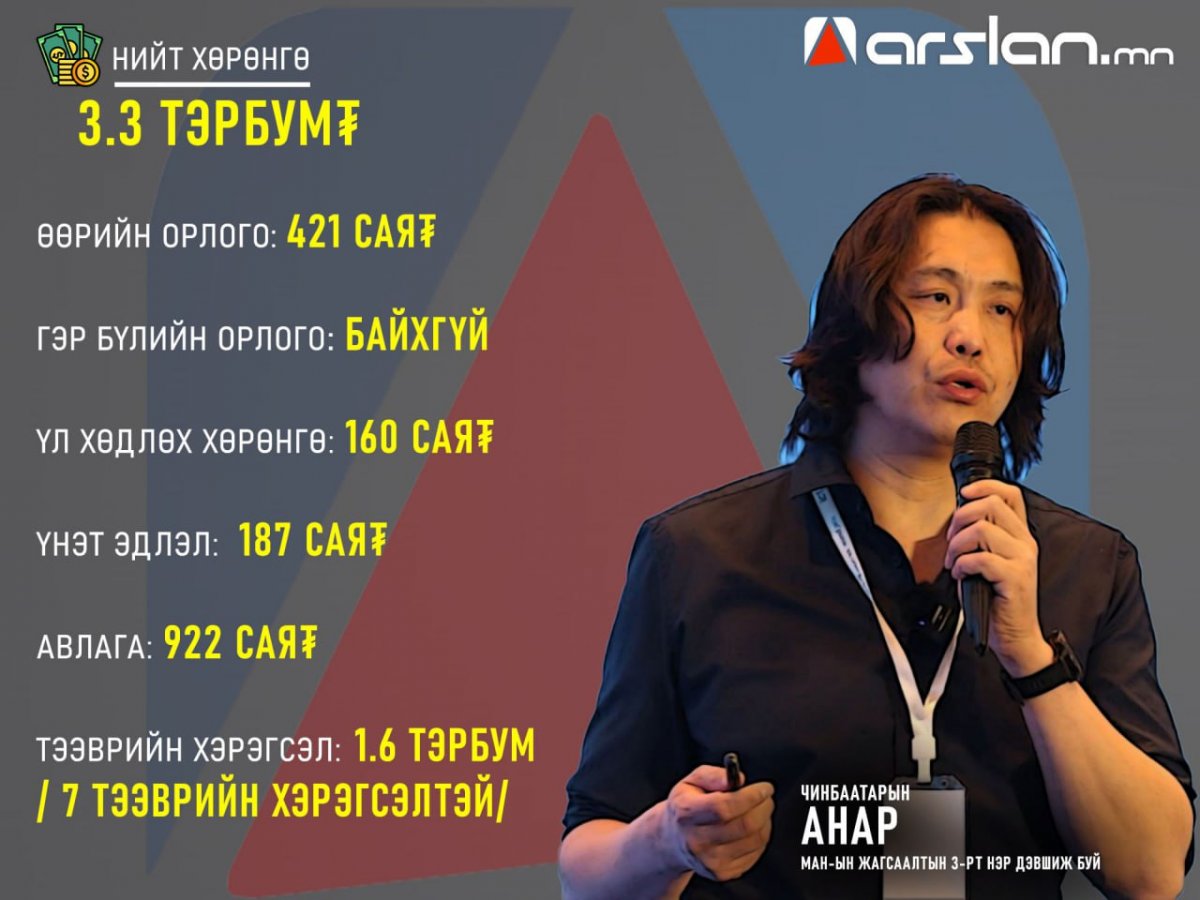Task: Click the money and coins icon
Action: (x=69, y=54)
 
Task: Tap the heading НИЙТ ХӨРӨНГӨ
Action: (x=211, y=59)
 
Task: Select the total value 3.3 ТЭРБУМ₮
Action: (x=219, y=123)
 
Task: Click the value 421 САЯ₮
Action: (x=361, y=232)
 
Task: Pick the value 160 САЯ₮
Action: (x=419, y=437)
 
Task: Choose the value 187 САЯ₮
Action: (x=313, y=539)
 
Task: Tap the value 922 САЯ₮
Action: (x=241, y=642)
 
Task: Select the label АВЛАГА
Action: (x=95, y=649)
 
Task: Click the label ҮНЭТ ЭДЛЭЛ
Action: (x=127, y=545)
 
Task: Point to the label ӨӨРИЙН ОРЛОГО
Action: (x=157, y=238)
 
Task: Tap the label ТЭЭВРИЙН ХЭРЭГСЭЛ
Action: (x=189, y=750)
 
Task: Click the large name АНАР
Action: (x=849, y=826)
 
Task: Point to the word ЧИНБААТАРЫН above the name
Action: (x=856, y=792)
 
